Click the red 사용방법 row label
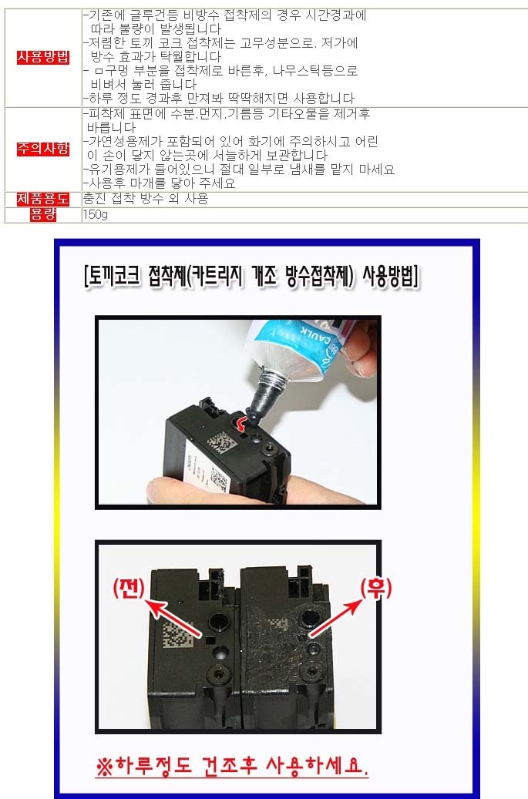43,57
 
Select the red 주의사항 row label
43,149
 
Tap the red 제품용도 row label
43,199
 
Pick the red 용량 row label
43,214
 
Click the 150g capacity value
96,215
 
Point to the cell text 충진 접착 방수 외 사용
146,199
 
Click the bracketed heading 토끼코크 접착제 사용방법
251,277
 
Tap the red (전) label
129,588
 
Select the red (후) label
375,589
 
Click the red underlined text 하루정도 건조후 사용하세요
232,765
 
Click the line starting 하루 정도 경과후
219,98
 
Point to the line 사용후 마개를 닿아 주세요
160,183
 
